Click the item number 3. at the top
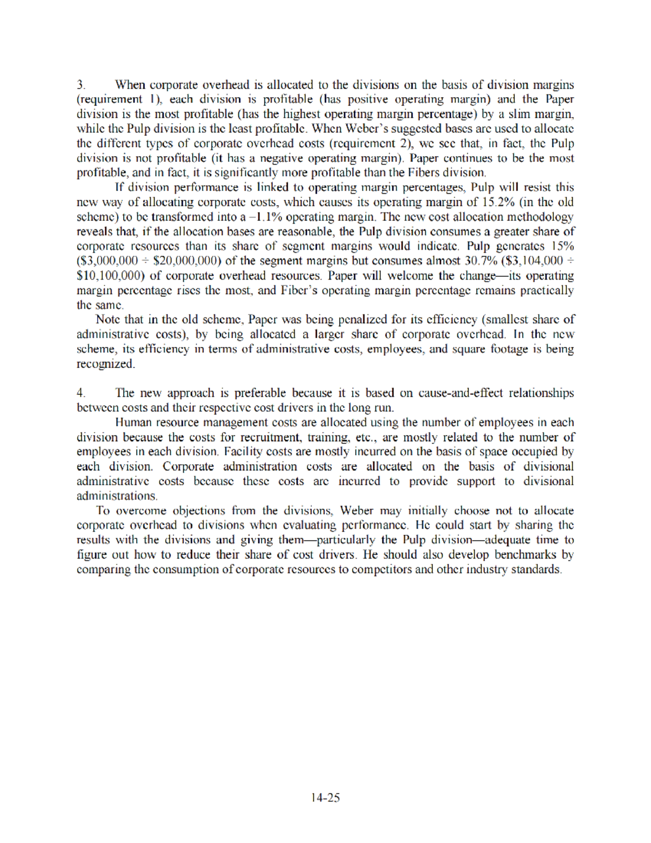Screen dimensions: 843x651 pos(81,85)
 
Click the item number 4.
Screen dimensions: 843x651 pos(81,393)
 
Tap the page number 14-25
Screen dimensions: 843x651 pos(325,797)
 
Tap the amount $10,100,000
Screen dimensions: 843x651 pos(111,275)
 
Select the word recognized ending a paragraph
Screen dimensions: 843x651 pos(105,364)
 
